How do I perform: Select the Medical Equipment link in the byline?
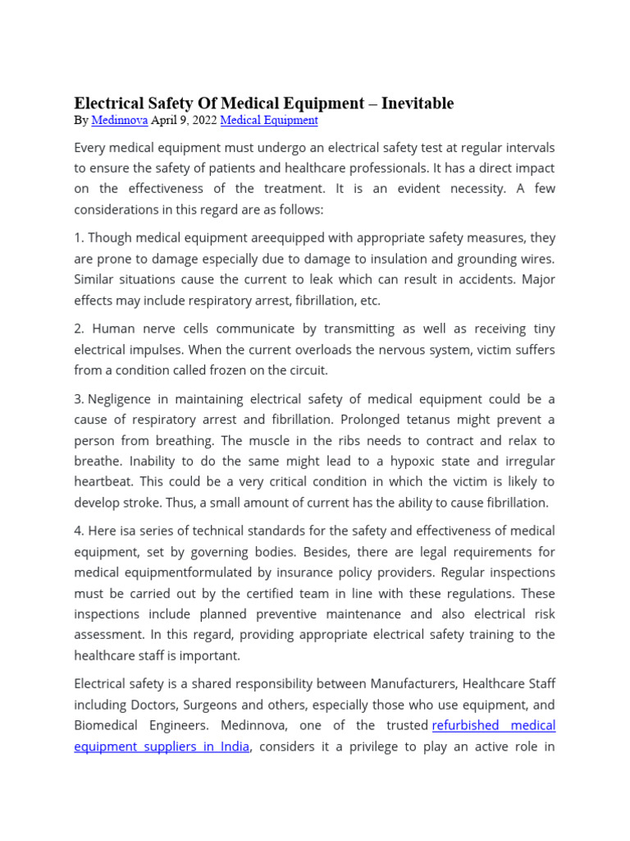(269, 120)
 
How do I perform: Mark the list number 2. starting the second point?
(79, 329)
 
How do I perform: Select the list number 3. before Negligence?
(79, 399)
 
